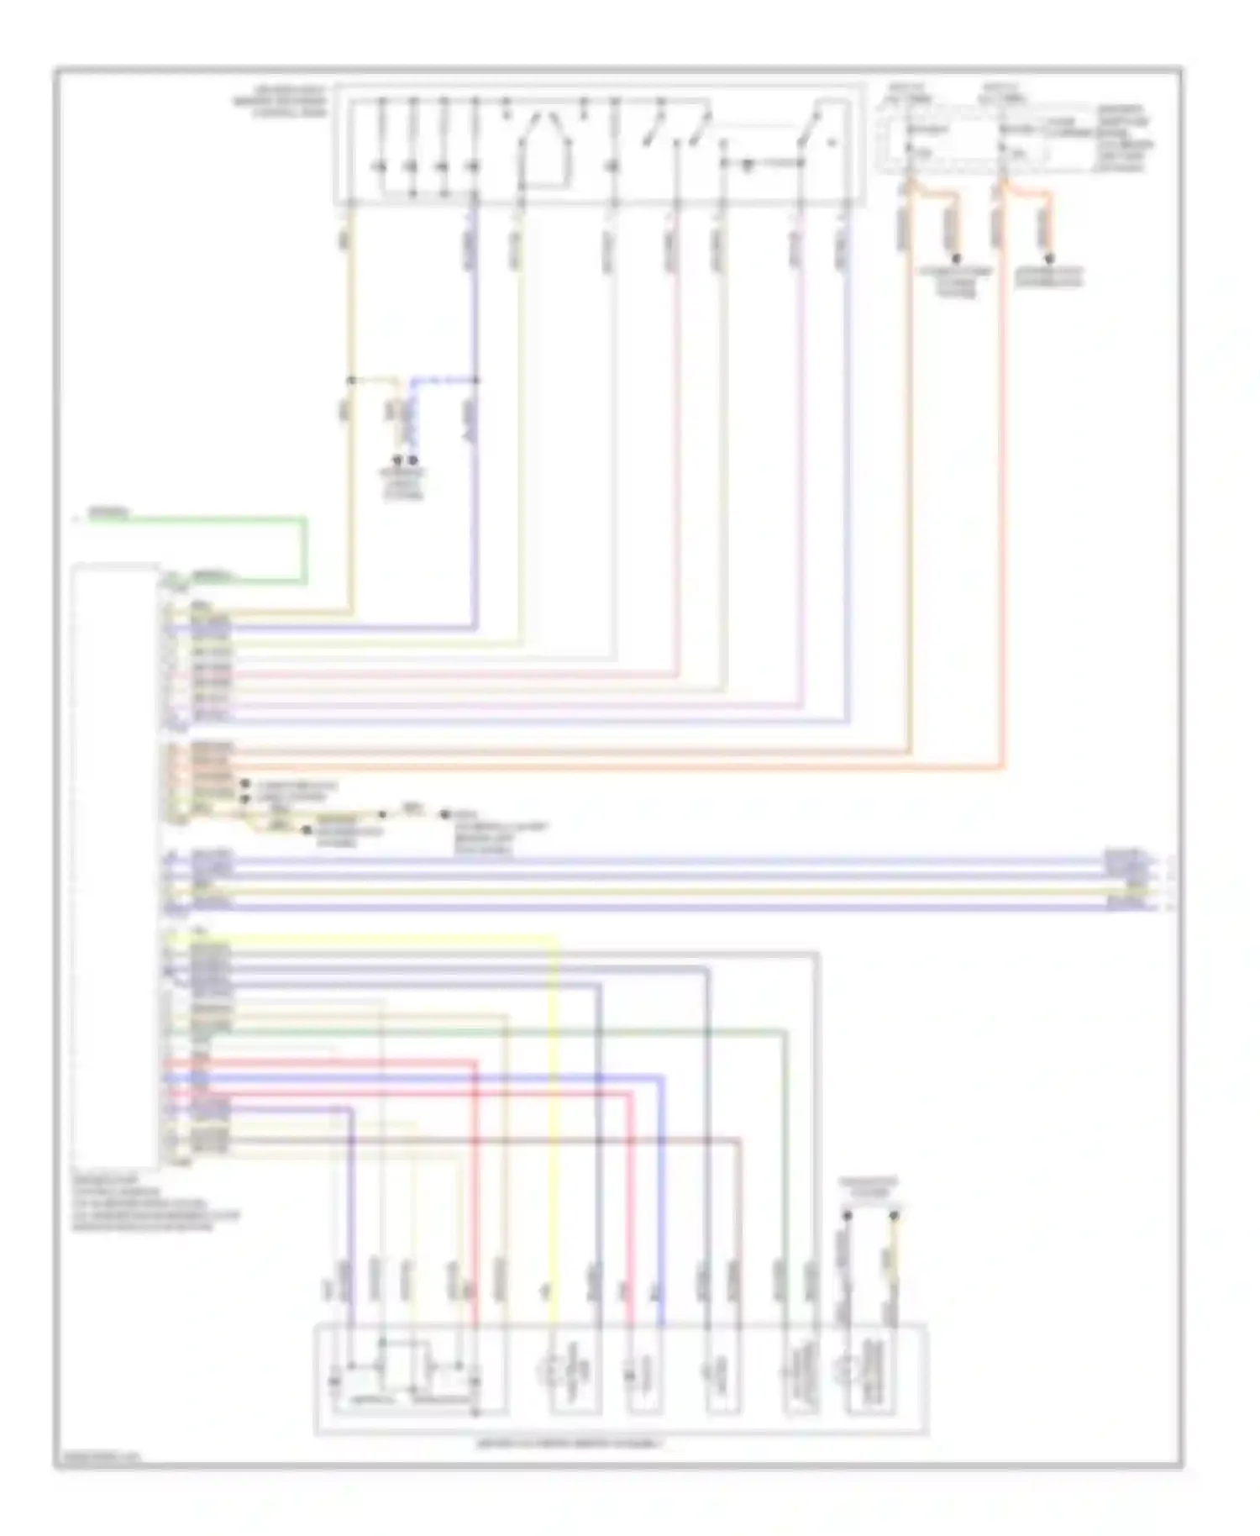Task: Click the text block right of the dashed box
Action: pos(1126,138)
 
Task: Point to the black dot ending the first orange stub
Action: pos(955,258)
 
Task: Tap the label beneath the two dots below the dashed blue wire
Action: pos(404,484)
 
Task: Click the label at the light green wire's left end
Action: pos(109,512)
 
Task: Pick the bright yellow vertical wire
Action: pos(554,1134)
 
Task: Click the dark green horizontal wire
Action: pos(504,1032)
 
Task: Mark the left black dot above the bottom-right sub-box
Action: pos(847,1215)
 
